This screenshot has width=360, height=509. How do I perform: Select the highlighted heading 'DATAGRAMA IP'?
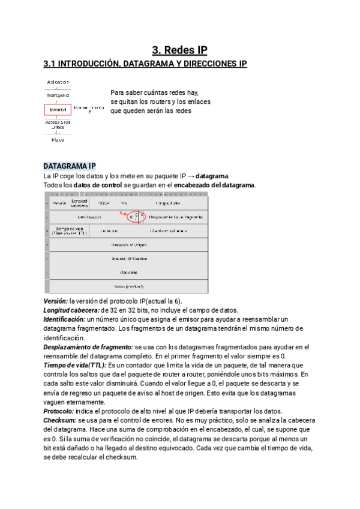coord(70,166)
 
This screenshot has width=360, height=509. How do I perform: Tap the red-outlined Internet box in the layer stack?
coord(58,110)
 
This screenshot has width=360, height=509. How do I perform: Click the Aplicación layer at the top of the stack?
coord(58,82)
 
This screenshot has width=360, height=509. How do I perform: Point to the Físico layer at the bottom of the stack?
coord(58,139)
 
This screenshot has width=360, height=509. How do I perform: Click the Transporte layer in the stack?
coord(58,95)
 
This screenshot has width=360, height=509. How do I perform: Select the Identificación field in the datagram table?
coord(89,217)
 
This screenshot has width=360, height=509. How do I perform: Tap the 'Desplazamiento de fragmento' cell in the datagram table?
coord(175,217)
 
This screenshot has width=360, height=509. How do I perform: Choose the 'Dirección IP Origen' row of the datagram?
coord(128,245)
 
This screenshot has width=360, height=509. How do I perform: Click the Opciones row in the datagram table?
coord(128,273)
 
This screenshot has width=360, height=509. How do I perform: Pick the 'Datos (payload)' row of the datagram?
coord(128,286)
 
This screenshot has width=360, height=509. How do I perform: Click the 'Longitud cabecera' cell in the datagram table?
coord(79,203)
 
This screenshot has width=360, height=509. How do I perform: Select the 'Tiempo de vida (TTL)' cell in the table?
coord(70,230)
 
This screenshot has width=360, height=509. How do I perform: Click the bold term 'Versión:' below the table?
coord(56,301)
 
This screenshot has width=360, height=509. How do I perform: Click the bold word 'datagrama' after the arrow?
coord(212,176)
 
